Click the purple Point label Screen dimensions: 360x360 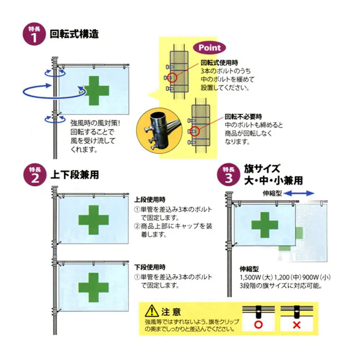[210, 47]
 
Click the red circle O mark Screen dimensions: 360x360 [258, 325]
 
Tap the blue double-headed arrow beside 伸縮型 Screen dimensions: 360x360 [301, 193]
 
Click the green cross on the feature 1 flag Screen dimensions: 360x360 [95, 91]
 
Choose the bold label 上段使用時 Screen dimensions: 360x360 [150, 199]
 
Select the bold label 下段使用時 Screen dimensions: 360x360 [150, 267]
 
